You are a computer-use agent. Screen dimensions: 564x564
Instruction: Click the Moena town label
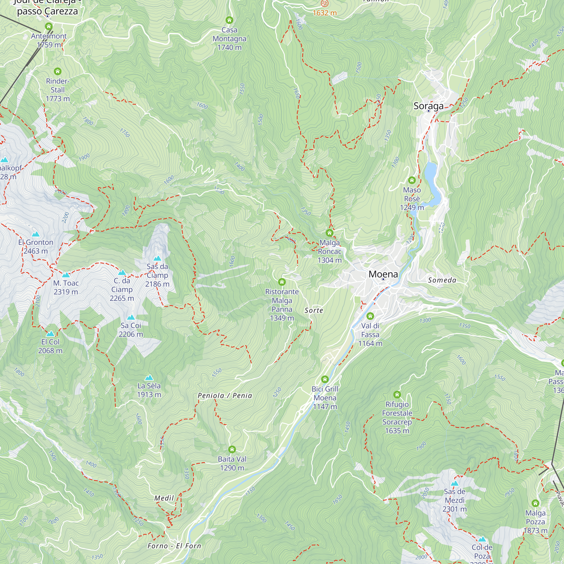(383, 274)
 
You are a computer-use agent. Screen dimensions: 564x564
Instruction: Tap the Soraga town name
(428, 106)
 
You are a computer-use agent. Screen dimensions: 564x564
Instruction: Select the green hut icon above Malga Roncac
(330, 233)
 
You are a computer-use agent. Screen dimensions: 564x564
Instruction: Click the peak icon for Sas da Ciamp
(157, 258)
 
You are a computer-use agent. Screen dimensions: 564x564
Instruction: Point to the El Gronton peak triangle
(36, 234)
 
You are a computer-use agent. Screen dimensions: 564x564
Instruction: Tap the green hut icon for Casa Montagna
(230, 20)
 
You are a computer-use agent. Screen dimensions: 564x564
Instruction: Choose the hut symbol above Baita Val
(232, 449)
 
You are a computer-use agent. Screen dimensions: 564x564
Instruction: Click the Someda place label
(442, 280)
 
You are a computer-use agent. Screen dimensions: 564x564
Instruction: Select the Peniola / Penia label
(225, 396)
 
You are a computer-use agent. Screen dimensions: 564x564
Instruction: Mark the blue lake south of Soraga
(432, 181)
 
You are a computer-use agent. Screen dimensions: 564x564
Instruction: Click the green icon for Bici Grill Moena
(325, 379)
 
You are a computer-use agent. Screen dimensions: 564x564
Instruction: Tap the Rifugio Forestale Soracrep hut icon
(397, 395)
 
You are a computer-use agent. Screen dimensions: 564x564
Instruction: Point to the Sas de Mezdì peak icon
(455, 483)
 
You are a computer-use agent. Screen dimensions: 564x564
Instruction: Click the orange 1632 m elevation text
(325, 13)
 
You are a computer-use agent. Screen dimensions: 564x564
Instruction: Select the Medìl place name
(164, 498)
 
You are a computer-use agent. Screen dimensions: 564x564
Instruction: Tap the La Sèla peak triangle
(149, 378)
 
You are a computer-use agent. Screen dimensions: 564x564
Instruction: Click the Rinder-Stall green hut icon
(58, 71)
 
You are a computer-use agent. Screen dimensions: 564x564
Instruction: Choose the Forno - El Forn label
(174, 546)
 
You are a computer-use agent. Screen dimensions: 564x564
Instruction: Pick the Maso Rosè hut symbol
(412, 180)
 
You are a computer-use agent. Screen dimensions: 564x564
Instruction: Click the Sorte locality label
(314, 310)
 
